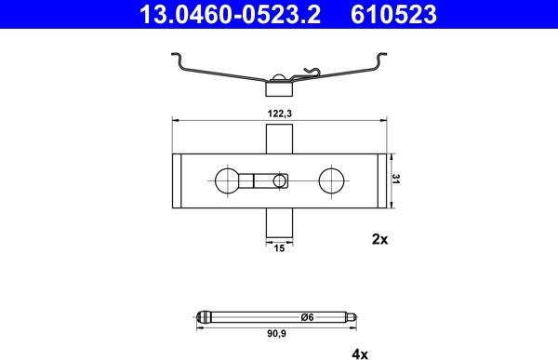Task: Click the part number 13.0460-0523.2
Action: (x=230, y=15)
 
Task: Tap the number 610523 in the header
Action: (x=393, y=15)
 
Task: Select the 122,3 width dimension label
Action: (x=280, y=113)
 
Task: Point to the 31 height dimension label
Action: (x=396, y=179)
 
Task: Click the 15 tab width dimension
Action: (x=279, y=248)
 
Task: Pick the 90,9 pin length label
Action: (x=277, y=334)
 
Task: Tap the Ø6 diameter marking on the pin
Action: (x=307, y=317)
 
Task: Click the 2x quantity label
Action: (x=379, y=239)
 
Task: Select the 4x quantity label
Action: (x=360, y=354)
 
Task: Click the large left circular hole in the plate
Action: (x=228, y=180)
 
